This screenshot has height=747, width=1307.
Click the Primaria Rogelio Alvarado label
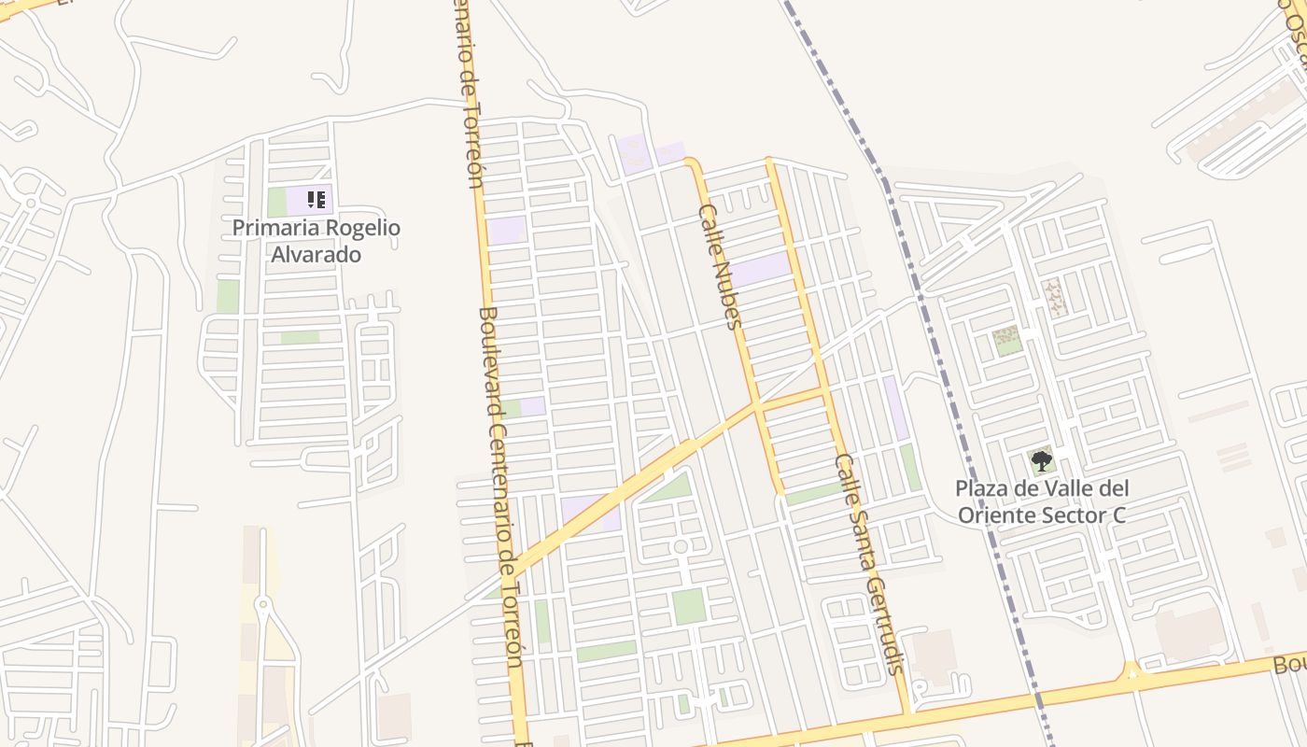316,240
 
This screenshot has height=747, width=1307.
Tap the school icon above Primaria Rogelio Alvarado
316,199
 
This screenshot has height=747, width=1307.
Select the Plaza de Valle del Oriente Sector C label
1042,501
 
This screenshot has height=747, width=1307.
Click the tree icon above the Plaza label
1041,459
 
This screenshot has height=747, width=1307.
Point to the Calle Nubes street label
720,267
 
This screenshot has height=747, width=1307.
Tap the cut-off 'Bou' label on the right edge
1290,665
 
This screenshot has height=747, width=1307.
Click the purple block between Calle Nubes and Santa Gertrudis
761,269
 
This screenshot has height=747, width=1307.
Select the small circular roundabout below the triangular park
681,546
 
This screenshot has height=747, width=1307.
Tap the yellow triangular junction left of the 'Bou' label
1131,671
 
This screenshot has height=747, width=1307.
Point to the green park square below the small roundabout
689,605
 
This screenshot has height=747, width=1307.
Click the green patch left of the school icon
276,202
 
